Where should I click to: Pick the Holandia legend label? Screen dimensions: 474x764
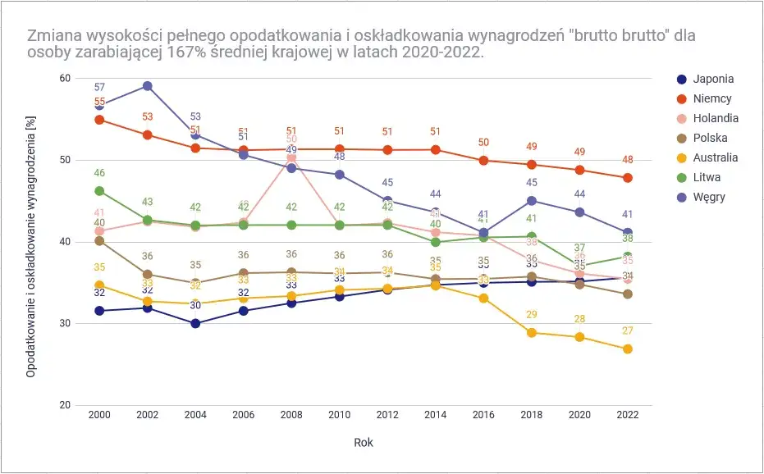pyautogui.click(x=715, y=119)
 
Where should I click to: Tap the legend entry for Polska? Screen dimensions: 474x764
pyautogui.click(x=710, y=139)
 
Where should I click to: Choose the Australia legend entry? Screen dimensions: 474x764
pyautogui.click(x=715, y=157)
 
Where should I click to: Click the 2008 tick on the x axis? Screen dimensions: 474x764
pyautogui.click(x=291, y=416)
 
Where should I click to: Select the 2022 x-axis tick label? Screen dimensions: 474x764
pyautogui.click(x=627, y=416)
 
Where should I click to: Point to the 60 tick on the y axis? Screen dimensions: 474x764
pyautogui.click(x=65, y=78)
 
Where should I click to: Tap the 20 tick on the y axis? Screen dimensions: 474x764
pyautogui.click(x=65, y=406)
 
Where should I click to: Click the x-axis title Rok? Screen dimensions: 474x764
pyautogui.click(x=364, y=442)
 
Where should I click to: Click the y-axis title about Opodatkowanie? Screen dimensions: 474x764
pyautogui.click(x=30, y=242)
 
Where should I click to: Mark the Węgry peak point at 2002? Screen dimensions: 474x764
pyautogui.click(x=147, y=86)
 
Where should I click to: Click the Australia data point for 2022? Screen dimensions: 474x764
pyautogui.click(x=627, y=349)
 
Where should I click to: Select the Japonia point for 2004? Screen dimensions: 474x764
pyautogui.click(x=195, y=323)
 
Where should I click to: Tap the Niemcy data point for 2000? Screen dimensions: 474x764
pyautogui.click(x=99, y=120)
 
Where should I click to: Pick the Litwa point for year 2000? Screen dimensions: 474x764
pyautogui.click(x=99, y=191)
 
